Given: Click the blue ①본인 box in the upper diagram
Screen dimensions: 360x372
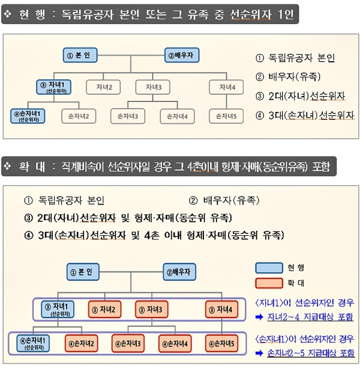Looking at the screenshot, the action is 80,55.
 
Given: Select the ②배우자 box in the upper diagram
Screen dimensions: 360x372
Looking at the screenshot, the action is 182,55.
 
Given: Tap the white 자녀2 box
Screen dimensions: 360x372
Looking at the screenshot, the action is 103,88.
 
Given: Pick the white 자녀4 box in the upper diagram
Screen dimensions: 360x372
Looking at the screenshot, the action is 226,88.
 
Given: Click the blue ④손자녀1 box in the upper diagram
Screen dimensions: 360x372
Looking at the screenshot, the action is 28,116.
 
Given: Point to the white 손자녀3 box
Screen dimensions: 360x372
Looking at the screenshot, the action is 128,116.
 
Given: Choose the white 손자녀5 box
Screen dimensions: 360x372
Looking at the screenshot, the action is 226,116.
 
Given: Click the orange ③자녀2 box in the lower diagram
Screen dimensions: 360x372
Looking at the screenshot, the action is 104,310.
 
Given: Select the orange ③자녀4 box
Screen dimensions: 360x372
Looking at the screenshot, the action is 221,310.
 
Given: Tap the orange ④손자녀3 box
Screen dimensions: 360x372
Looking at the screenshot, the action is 128,344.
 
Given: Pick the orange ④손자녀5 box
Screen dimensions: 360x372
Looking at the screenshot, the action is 221,344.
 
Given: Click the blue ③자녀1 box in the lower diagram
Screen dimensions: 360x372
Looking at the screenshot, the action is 58,310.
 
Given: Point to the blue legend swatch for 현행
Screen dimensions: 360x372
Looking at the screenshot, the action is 269,268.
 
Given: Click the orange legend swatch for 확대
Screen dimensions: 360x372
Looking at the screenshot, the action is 269,283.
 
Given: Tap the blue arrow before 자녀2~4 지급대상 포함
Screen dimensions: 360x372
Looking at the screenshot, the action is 259,317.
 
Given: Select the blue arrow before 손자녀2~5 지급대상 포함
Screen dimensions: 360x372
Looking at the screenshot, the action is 259,353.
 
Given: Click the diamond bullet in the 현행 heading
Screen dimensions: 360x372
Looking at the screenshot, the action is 8,14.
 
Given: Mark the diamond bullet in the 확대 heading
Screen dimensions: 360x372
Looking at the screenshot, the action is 8,166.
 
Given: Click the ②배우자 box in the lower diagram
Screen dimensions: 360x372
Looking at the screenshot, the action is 179,272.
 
